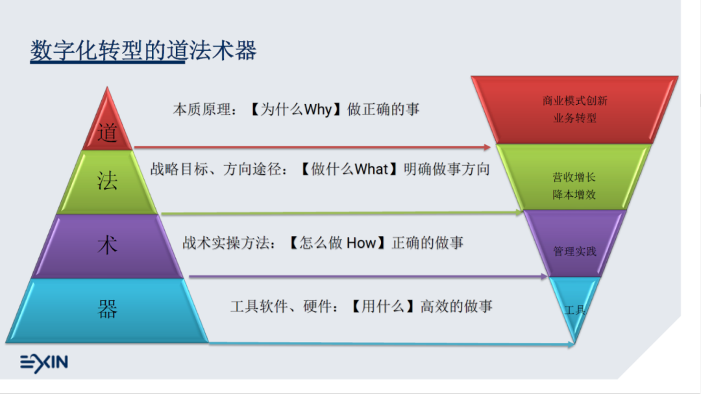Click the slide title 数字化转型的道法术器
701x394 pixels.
[x=143, y=51]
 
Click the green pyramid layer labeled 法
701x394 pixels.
[x=108, y=181]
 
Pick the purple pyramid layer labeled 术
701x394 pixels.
[x=108, y=246]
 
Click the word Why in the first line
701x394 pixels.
[x=318, y=109]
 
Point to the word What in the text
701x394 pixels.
[x=371, y=170]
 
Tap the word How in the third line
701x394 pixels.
[x=361, y=243]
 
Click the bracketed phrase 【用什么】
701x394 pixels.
[x=383, y=306]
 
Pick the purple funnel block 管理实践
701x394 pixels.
[x=574, y=250]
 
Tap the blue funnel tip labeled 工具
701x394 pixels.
[x=574, y=310]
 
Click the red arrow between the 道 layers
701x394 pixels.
[x=312, y=149]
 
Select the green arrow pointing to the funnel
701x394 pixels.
[x=341, y=213]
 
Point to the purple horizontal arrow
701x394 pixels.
[x=367, y=276]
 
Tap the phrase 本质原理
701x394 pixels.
[x=201, y=109]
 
